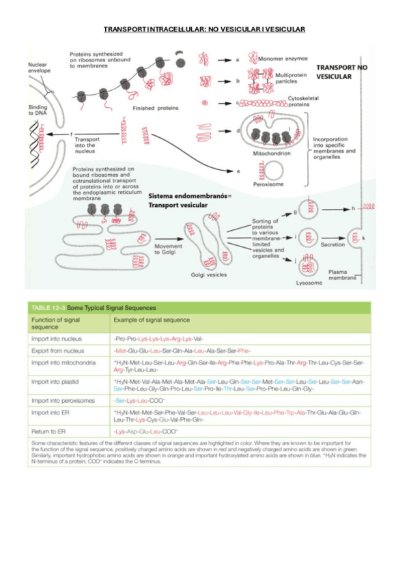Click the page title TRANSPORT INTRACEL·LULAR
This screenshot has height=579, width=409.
coord(203,29)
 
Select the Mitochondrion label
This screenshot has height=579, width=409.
coord(272,154)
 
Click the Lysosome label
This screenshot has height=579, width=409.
coord(309,281)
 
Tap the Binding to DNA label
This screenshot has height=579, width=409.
coord(38,111)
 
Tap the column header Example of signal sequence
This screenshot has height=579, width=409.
coord(150,320)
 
